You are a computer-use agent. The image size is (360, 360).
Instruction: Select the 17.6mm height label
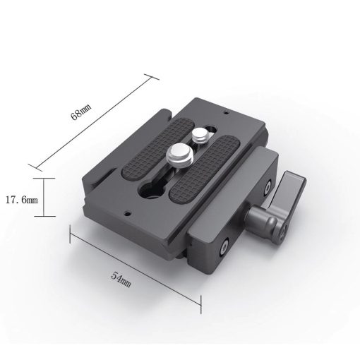tap(25, 200)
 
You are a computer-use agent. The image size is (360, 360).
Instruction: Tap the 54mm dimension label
tap(121, 277)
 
